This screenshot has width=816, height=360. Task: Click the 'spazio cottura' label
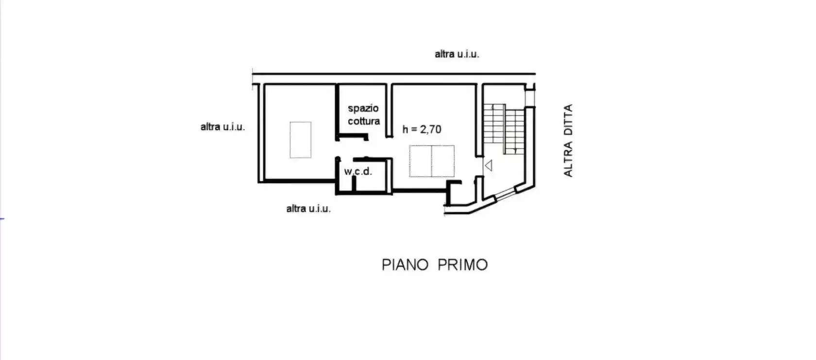363,115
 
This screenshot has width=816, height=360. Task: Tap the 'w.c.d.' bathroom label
358,171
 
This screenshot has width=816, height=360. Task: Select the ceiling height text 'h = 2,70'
422,129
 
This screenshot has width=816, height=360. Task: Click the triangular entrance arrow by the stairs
489,166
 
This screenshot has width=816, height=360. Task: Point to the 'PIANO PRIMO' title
434,265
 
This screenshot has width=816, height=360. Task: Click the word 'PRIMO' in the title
462,265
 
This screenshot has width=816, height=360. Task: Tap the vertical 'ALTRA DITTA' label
568,140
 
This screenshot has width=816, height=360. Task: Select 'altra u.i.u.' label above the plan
457,54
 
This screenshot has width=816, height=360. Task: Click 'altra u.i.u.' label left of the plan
222,127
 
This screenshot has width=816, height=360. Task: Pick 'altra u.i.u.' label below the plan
308,208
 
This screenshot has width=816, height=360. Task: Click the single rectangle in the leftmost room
301,140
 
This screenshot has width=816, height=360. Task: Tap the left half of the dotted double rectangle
421,161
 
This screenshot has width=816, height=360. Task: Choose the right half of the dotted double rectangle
443,161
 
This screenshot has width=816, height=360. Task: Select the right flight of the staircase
515,131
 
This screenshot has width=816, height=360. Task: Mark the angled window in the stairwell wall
505,194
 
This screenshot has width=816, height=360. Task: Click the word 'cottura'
364,121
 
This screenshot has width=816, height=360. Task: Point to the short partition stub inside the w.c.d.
354,184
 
